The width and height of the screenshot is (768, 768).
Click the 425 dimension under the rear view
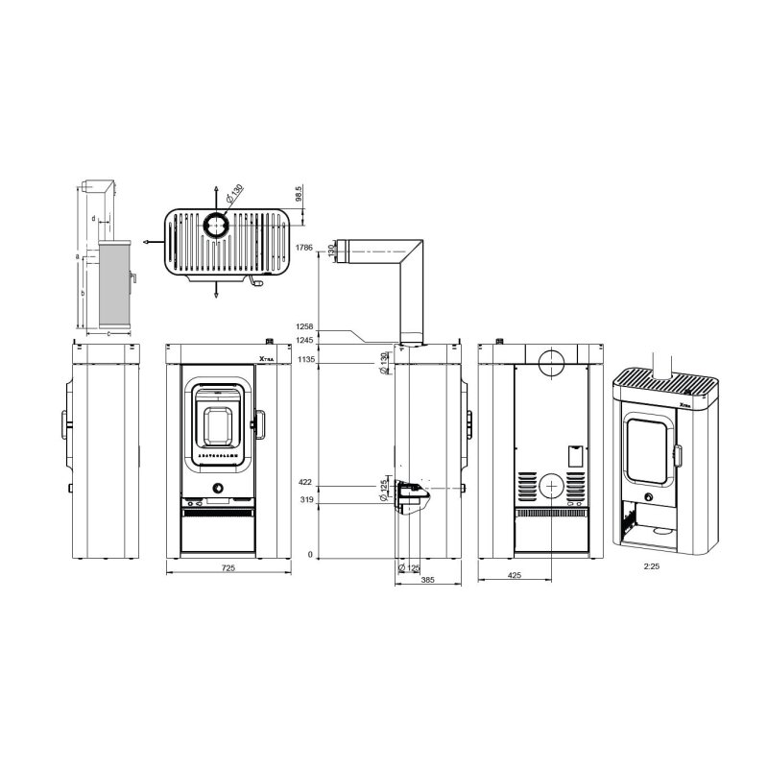point(516,576)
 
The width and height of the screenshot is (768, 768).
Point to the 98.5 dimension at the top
point(300,195)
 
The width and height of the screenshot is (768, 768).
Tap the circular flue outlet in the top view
point(215,226)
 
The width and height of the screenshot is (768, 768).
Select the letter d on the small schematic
point(93,219)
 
